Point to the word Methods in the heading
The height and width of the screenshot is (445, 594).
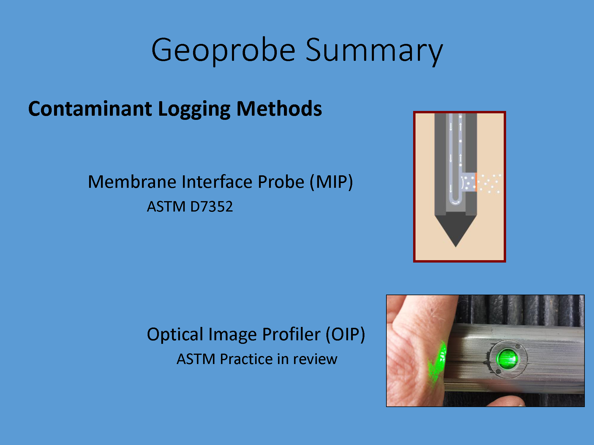tap(279, 109)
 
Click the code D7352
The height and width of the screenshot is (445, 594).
tap(211, 206)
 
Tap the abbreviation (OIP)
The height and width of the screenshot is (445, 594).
tap(345, 334)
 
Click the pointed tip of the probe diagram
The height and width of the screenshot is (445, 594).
tap(456, 247)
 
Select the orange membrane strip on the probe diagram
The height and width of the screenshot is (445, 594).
tap(476, 182)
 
